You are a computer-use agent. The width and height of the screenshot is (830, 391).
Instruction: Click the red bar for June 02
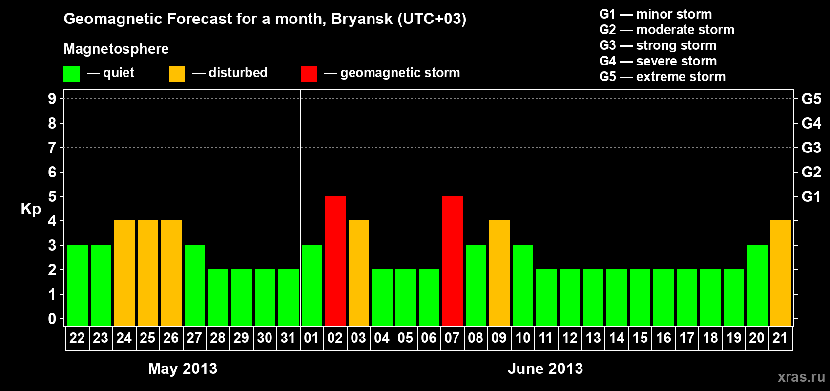coord(335,261)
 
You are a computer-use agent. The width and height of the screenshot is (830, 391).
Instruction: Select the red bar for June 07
coord(453,261)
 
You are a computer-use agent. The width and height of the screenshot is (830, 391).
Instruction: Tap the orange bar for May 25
coord(148,273)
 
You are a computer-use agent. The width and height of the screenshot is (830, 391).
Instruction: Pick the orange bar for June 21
coord(781,273)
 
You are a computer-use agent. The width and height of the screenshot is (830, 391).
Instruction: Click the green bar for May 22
coord(78,285)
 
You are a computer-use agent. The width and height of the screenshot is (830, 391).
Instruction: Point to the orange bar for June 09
coord(499,273)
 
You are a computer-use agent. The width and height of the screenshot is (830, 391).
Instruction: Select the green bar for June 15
coord(640,298)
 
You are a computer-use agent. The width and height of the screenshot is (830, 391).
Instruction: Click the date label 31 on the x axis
coord(288,338)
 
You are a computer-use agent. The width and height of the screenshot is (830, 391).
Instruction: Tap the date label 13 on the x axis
coord(593,338)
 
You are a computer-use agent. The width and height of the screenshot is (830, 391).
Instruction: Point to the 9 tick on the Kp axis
coord(52,99)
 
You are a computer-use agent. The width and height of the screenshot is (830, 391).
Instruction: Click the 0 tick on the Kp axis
coord(52,319)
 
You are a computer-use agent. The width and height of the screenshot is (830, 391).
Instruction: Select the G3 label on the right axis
coord(811,148)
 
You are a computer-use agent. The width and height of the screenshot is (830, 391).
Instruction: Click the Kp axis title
coord(31,209)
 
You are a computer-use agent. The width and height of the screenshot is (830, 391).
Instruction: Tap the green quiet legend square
coord(71,73)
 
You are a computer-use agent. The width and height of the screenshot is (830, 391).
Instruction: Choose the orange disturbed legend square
coord(177,73)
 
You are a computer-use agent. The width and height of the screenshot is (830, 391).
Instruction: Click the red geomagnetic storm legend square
coord(309,73)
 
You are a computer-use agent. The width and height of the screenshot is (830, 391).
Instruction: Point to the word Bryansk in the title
coord(362,19)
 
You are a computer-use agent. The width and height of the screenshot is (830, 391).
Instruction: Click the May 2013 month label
coord(183,369)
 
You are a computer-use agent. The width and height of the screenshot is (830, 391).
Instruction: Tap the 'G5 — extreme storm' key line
coord(663,77)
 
